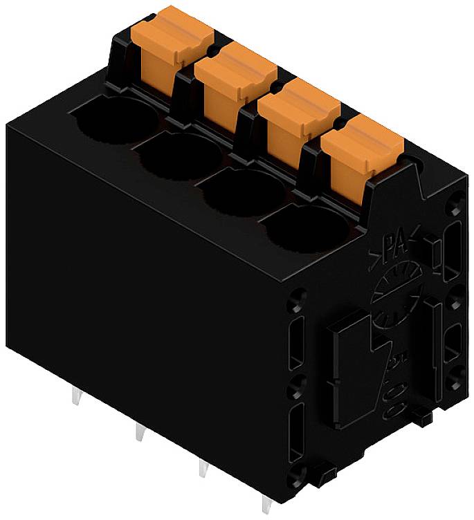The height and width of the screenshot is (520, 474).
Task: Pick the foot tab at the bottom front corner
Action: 322,478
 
